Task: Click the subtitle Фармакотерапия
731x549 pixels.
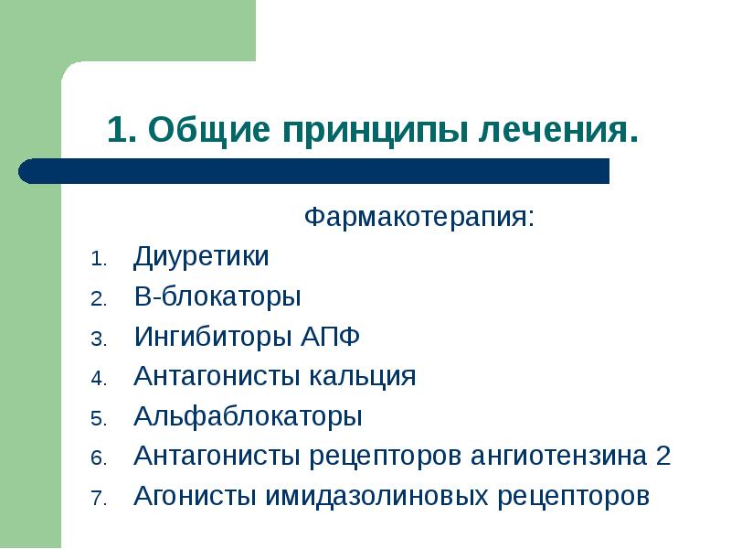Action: pos(419,219)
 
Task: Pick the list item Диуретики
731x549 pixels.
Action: pos(201,257)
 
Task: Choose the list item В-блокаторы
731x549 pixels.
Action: pos(217,297)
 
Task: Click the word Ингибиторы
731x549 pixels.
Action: pos(213,337)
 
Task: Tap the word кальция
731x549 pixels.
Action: pos(368,376)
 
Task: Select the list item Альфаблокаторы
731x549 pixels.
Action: pos(248,416)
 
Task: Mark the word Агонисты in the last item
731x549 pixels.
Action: pos(195,496)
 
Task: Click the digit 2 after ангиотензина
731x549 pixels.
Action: pos(663,456)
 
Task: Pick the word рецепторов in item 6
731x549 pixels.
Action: pos(387,456)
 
